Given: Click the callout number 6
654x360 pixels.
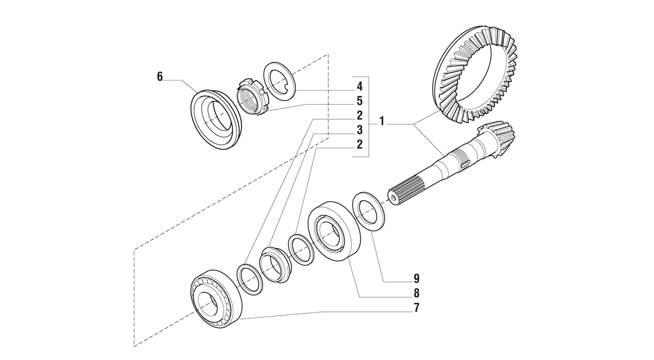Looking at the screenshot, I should tap(160, 77).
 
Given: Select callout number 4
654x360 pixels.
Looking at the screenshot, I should tap(359, 86).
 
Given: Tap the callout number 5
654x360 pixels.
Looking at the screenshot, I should tap(359, 101).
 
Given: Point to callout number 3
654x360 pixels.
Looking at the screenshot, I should tap(359, 130).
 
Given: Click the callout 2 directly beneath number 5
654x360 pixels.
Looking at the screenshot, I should tap(359, 115).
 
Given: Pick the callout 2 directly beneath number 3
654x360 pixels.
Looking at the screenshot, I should tap(359, 145).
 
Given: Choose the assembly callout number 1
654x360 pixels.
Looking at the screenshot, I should tap(381, 122).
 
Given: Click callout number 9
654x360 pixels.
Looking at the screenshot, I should tap(416, 278).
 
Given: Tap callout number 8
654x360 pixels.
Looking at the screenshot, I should tap(416, 293).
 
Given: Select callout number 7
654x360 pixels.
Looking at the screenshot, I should tap(416, 308).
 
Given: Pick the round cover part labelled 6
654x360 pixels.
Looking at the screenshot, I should tap(214, 120).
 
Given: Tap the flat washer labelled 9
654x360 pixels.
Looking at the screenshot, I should tap(368, 211).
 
